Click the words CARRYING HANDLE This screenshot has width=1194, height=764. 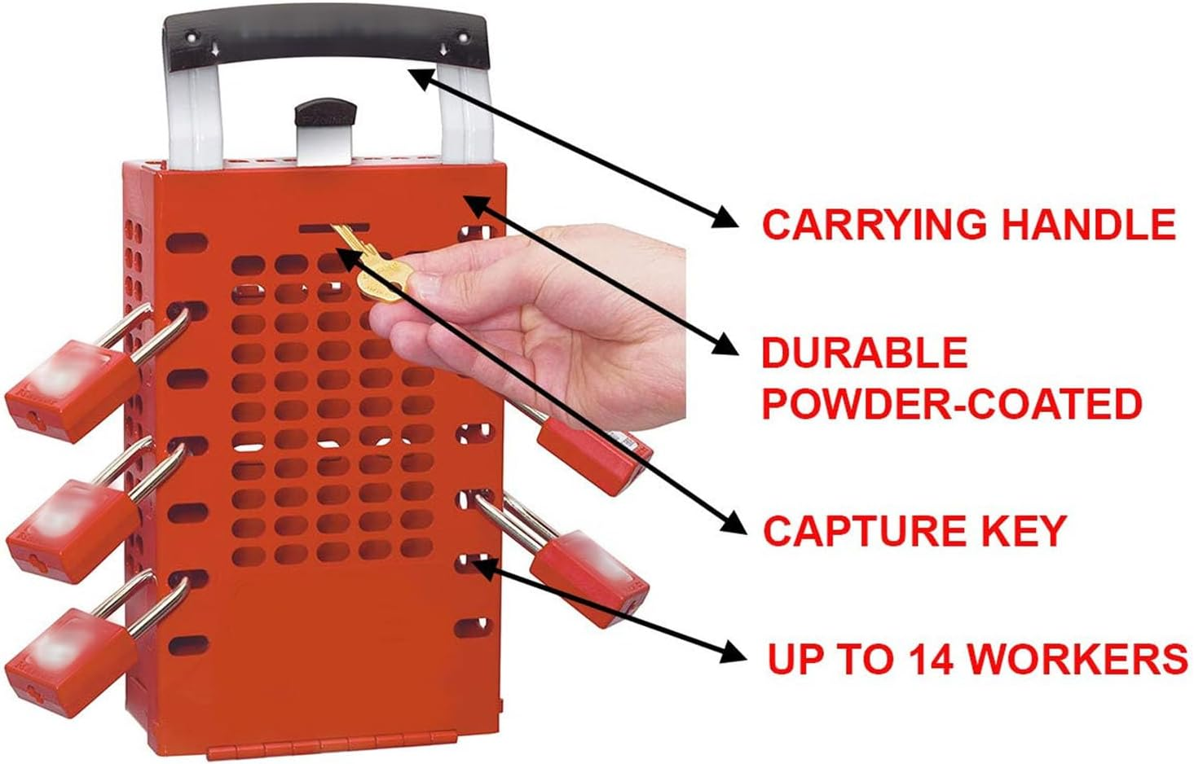(968, 224)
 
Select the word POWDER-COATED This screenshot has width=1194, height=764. (951, 403)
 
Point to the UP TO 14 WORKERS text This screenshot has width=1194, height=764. (977, 658)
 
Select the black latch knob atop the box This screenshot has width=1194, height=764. (326, 113)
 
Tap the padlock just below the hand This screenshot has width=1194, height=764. (591, 452)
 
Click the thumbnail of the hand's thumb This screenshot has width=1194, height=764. (425, 286)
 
